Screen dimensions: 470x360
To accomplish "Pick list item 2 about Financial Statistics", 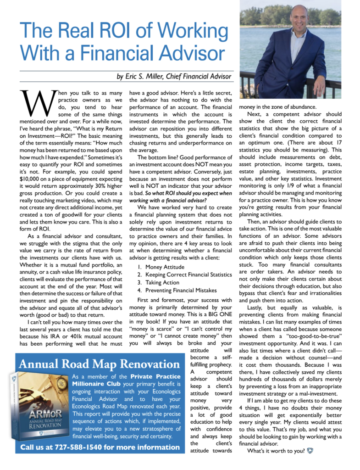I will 183,274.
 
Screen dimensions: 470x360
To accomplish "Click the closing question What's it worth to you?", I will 275,451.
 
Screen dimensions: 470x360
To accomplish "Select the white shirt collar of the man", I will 298,37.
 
